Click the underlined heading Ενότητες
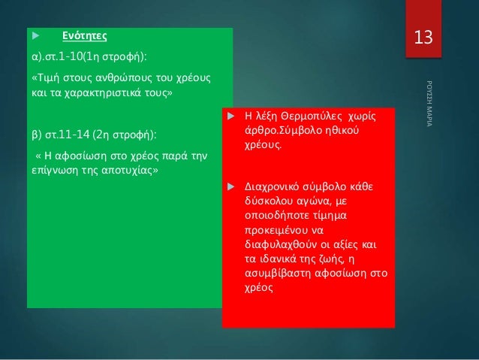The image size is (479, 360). click(84, 35)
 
